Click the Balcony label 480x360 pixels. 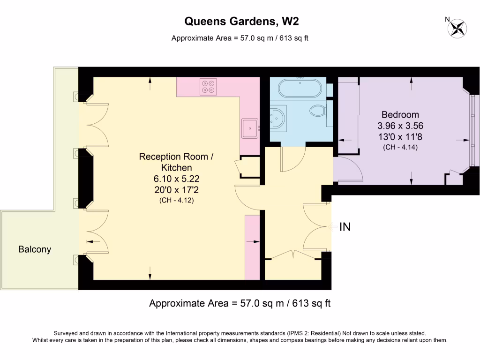34,249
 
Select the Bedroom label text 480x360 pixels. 400,114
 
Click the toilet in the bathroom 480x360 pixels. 318,111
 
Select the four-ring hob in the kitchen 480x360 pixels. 208,86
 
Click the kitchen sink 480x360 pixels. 250,127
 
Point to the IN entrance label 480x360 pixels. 345,227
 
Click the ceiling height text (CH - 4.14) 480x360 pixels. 400,147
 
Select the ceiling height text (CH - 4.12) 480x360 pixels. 176,200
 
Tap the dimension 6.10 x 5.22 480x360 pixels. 176,179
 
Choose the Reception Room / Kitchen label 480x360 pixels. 176,162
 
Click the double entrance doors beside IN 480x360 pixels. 316,227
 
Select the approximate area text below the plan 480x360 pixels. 240,303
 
